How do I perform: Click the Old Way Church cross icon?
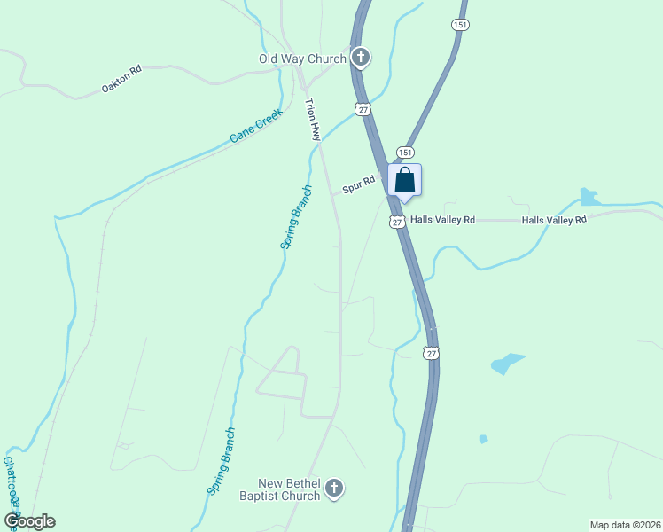click(x=361, y=59)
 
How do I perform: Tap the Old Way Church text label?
click(x=302, y=59)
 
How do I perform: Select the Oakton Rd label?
click(x=122, y=79)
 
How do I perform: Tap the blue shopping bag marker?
click(x=405, y=179)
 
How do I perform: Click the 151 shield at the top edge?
click(x=459, y=25)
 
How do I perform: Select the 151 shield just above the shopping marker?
click(x=404, y=152)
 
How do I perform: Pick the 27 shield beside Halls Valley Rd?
click(x=397, y=221)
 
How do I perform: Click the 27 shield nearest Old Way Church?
click(x=363, y=108)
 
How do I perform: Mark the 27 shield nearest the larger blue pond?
click(x=431, y=353)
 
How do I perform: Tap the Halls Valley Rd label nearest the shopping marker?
click(x=443, y=220)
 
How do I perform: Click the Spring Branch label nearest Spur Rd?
click(x=296, y=217)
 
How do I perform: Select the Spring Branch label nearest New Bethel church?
click(x=222, y=460)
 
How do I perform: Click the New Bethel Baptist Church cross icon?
click(x=333, y=488)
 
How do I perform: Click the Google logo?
click(x=29, y=521)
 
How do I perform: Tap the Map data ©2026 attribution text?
click(x=625, y=524)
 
